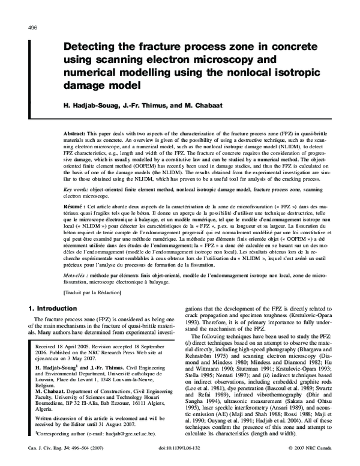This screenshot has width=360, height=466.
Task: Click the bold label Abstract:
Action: pos(76,131)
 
